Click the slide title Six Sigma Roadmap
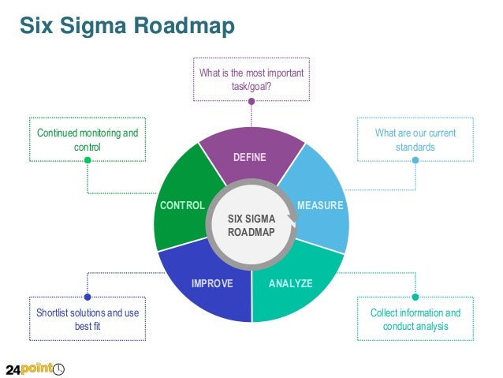[x=127, y=26]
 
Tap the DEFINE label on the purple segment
[x=250, y=158]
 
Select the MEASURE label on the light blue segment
[x=320, y=206]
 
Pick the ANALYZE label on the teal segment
[x=290, y=283]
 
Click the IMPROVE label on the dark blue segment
[x=212, y=283]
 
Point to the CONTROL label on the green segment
[x=182, y=206]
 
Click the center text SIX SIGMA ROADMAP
[x=251, y=225]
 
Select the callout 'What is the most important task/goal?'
[x=251, y=79]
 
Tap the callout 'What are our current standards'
[x=415, y=140]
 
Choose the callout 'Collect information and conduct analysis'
[x=415, y=320]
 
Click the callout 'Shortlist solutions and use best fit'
[x=87, y=320]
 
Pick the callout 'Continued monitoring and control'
[x=87, y=140]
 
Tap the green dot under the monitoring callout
[x=88, y=161]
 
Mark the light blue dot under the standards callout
[x=415, y=161]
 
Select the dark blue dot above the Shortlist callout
[x=88, y=298]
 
